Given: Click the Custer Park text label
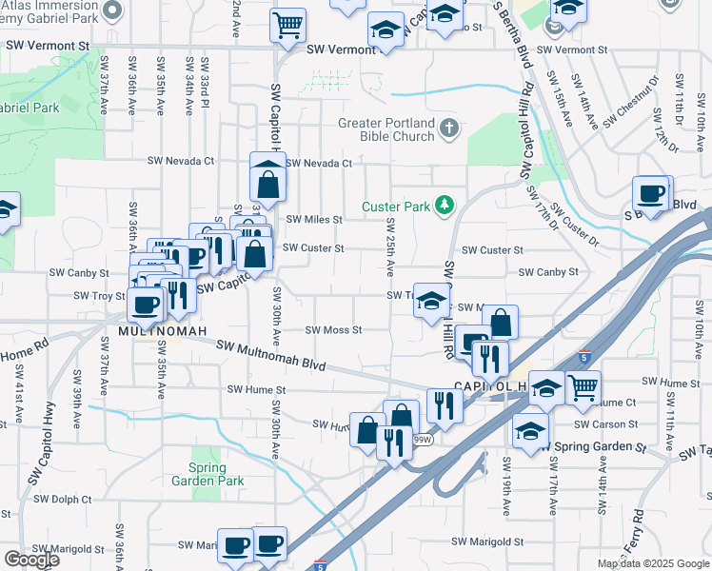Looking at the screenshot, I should [396, 207].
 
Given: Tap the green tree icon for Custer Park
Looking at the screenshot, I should [443, 205].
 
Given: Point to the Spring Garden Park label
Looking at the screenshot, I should [199, 474].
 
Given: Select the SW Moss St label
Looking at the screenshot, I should [333, 330].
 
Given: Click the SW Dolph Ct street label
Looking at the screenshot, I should [62, 498].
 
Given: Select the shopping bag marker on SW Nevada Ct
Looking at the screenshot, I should [268, 177].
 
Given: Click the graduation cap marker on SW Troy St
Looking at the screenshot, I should [432, 301].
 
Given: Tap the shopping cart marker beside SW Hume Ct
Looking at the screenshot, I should [583, 385].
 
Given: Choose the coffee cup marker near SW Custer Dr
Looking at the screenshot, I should [652, 194].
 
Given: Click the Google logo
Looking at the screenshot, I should [31, 560].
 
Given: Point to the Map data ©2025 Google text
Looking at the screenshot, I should [652, 563].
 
